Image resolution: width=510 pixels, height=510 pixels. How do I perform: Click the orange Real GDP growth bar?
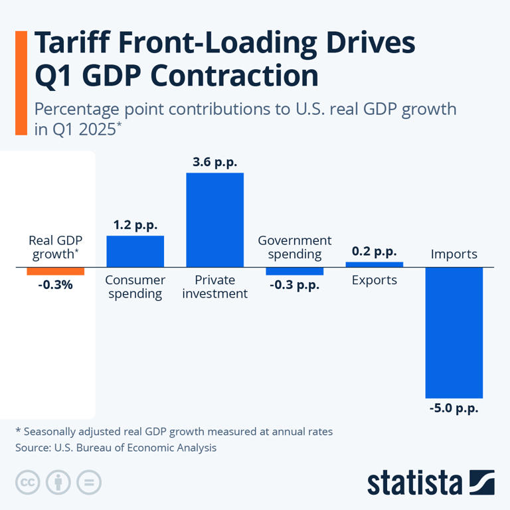pyautogui.click(x=55, y=271)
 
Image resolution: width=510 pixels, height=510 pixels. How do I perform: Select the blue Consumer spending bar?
pyautogui.click(x=135, y=251)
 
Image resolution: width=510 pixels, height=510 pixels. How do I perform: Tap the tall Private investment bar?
pyautogui.click(x=214, y=220)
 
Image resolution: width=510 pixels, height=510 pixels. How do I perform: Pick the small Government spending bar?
pyautogui.click(x=294, y=271)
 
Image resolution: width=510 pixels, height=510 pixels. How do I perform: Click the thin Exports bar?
pyautogui.click(x=374, y=264)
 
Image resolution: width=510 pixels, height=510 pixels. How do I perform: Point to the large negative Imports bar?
pyautogui.click(x=454, y=332)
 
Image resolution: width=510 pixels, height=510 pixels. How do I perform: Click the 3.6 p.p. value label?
pyautogui.click(x=214, y=162)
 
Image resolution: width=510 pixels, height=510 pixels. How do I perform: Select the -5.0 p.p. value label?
pyautogui.click(x=454, y=408)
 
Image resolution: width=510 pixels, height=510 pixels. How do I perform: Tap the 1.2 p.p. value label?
pyautogui.click(x=135, y=225)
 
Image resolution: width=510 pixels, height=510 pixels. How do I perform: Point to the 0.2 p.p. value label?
pyautogui.click(x=374, y=252)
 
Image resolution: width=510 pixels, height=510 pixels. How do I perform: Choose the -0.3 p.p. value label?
pyautogui.click(x=294, y=285)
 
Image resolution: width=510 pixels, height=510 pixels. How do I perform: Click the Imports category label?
pyautogui.click(x=454, y=254)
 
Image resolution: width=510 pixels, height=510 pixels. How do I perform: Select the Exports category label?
pyautogui.click(x=374, y=280)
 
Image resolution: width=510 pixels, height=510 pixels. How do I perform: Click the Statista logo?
pyautogui.click(x=431, y=483)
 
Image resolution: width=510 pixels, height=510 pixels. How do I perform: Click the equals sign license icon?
pyautogui.click(x=89, y=482)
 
